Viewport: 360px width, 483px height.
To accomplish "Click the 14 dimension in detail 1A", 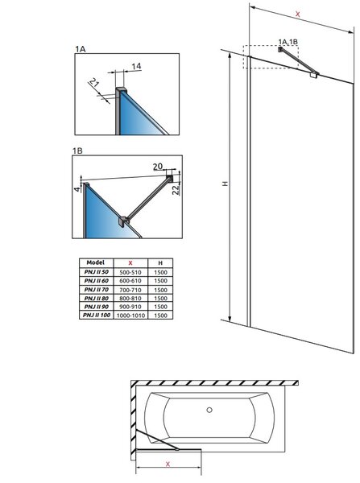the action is (x=136, y=66).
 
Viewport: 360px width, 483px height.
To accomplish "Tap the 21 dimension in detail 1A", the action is (x=94, y=82).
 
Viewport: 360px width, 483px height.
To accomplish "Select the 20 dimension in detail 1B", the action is (x=158, y=167).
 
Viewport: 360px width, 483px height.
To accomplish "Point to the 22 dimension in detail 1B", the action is (x=176, y=190).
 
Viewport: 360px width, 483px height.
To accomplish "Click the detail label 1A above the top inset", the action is (x=81, y=49).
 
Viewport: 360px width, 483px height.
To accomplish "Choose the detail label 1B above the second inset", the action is (x=77, y=151).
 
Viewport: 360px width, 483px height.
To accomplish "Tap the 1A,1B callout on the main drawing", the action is (x=288, y=42).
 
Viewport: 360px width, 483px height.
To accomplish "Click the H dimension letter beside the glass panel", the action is (x=226, y=184).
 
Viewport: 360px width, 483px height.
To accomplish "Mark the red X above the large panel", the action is (x=297, y=14).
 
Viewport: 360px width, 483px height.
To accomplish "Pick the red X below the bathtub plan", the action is (x=168, y=464).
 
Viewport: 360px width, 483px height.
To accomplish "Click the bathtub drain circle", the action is (x=209, y=410).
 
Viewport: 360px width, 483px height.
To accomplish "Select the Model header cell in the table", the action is (x=96, y=262).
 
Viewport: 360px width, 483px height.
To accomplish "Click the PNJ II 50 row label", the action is (x=97, y=272).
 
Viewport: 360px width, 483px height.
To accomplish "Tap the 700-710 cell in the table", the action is (x=130, y=290).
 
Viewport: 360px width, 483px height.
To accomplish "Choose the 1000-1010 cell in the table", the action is (x=130, y=316).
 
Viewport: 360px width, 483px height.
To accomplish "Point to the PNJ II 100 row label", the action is (x=97, y=315).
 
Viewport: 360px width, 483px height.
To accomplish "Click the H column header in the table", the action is (x=160, y=263).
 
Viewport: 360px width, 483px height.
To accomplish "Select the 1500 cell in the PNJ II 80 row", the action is (x=160, y=298).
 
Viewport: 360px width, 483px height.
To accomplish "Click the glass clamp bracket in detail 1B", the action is (x=124, y=222).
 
